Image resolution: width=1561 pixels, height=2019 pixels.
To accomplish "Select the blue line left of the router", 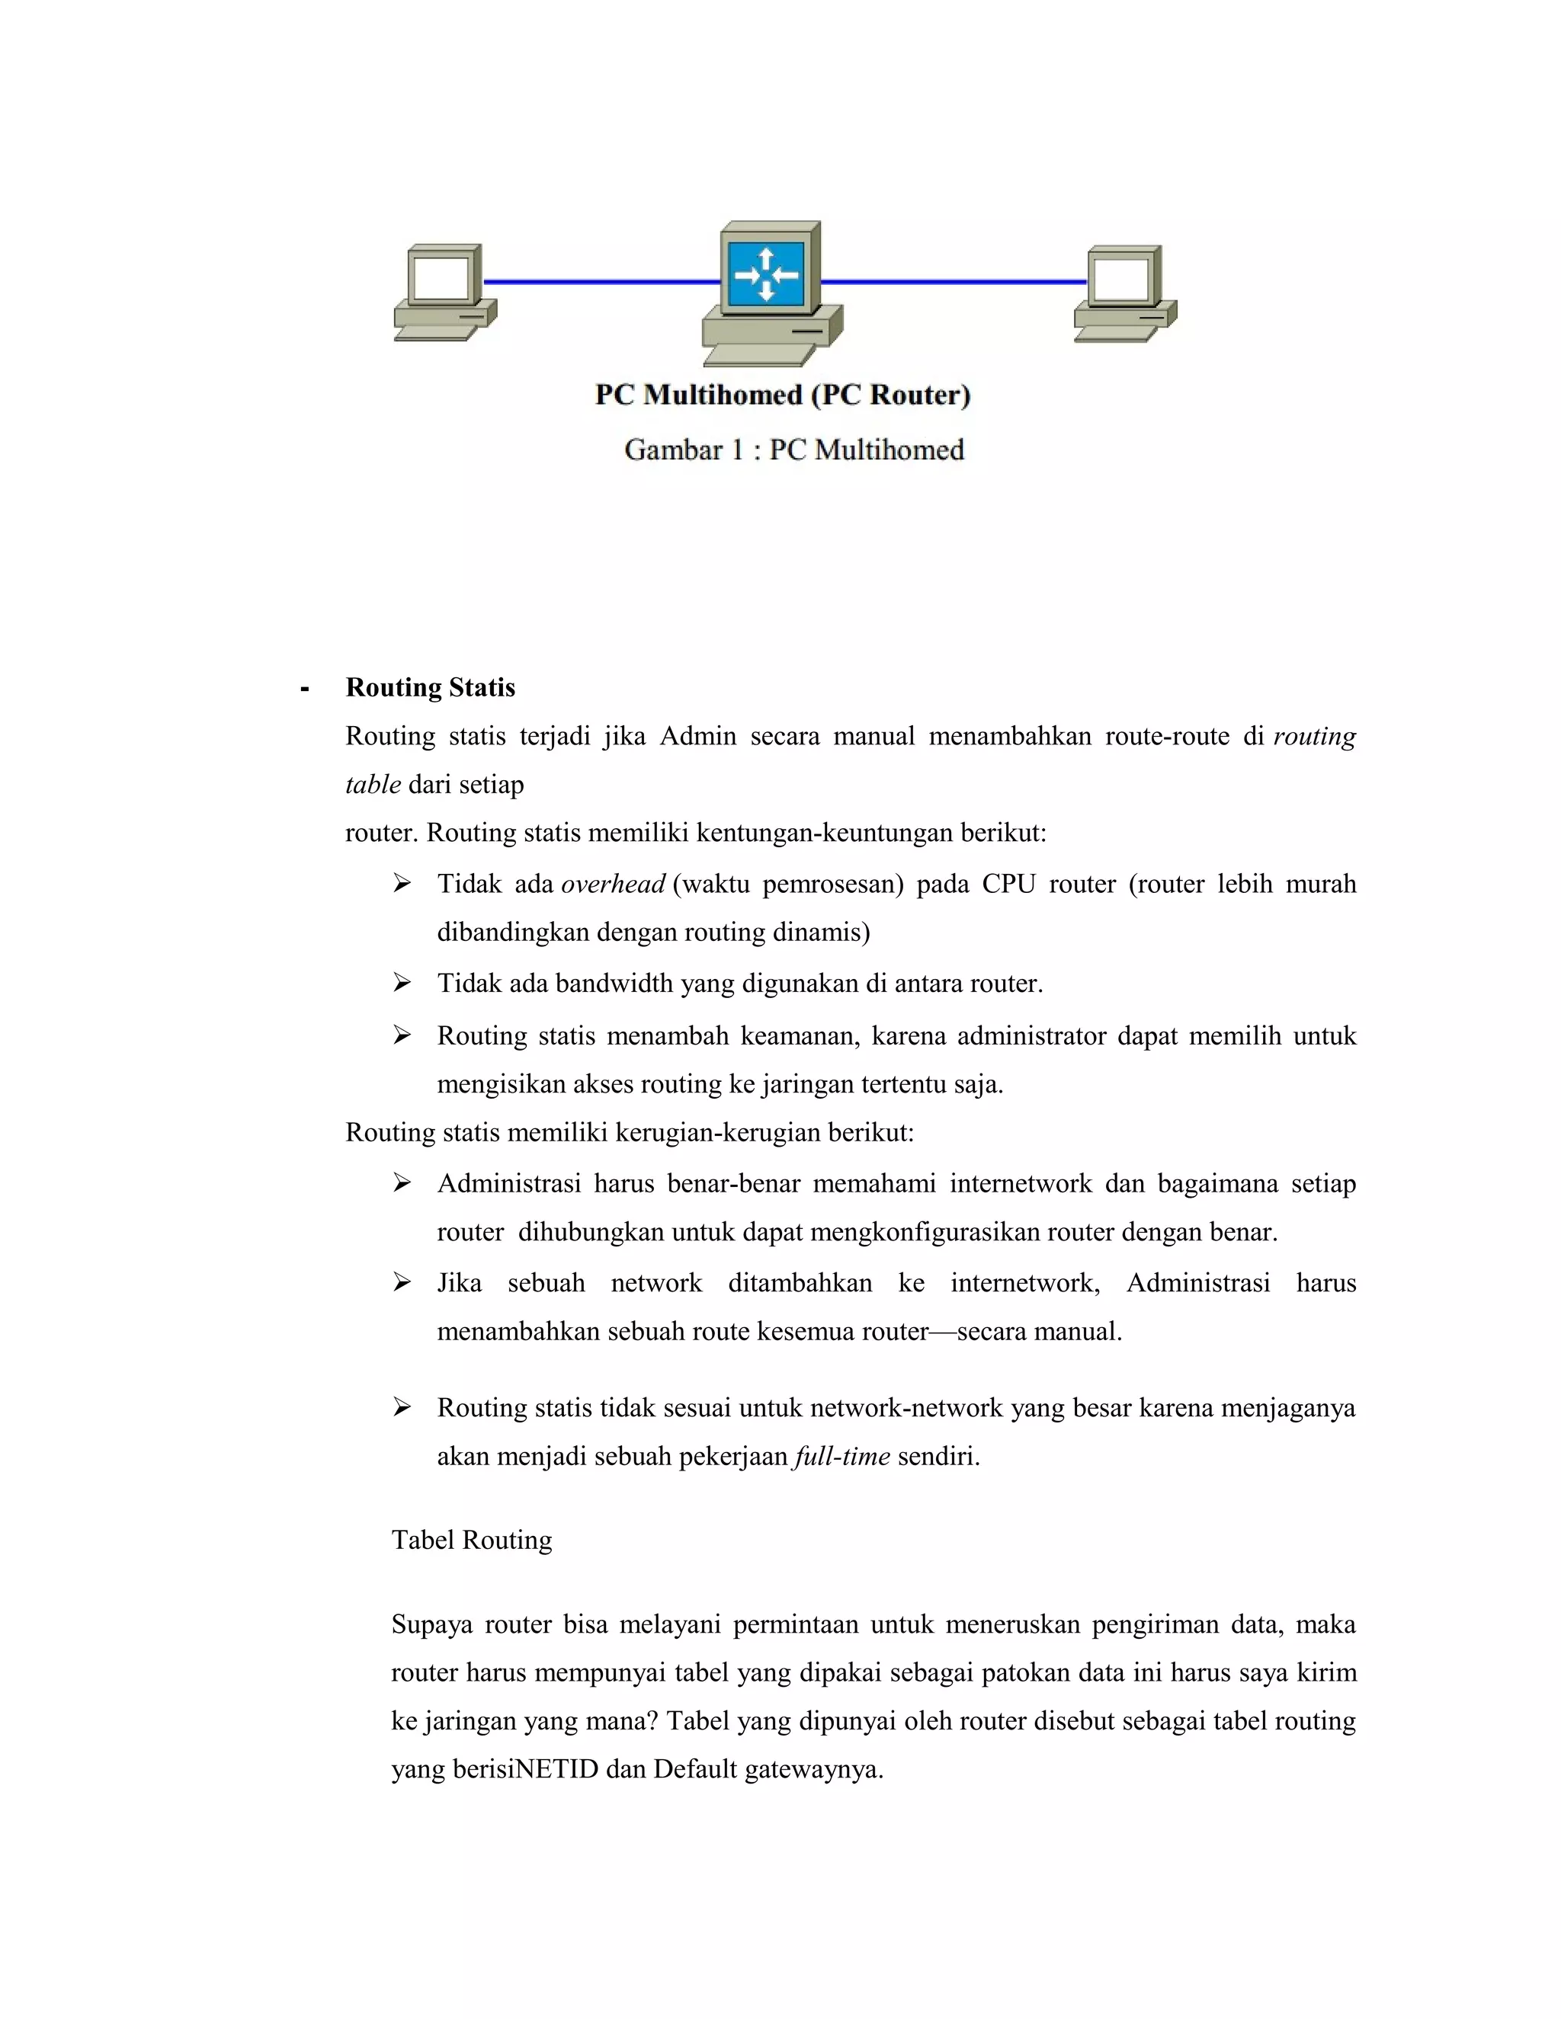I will coord(601,281).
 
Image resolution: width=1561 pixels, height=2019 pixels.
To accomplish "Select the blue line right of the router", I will coord(953,281).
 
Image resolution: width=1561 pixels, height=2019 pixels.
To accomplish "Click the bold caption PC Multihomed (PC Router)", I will coord(782,395).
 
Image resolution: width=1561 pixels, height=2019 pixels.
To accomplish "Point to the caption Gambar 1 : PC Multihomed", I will coord(793,450).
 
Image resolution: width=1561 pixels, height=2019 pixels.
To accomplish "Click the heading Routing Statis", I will coord(430,688).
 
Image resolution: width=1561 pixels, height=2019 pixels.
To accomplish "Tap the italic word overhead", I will coord(612,885).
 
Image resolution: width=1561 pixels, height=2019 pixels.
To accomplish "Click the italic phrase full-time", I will coord(841,1457).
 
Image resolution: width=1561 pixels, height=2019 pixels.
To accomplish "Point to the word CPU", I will coord(1008,885).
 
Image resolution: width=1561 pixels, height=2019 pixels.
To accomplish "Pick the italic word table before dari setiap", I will coord(373,785).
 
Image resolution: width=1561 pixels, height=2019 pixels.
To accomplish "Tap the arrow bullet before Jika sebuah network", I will coord(402,1282).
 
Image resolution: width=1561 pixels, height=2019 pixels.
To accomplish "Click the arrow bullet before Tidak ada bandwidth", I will coord(402,983).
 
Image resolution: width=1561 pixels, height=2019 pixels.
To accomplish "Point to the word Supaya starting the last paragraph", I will coord(431,1625).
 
